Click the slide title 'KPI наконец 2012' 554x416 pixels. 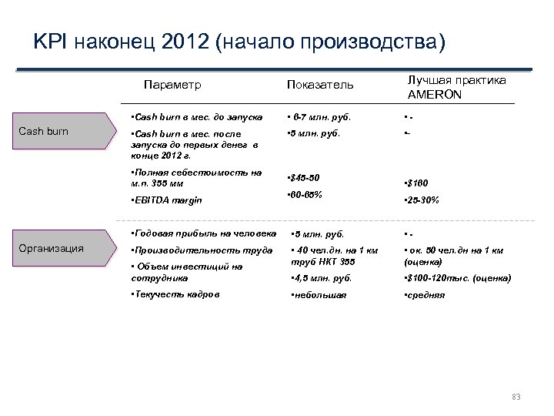coord(239,41)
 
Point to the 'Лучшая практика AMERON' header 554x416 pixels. coord(456,87)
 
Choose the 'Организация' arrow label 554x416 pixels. coord(52,248)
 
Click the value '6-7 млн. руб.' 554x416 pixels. coord(319,117)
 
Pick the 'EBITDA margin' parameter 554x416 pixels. coord(167,200)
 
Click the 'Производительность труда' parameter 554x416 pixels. coord(202,250)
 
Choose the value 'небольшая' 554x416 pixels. coord(317,295)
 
